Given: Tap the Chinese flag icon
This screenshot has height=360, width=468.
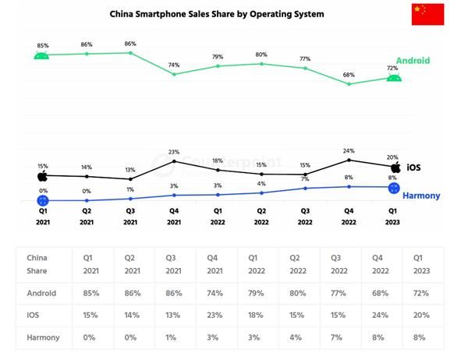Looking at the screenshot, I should pos(427,14).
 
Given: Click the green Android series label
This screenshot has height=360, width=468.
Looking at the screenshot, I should pos(413,60).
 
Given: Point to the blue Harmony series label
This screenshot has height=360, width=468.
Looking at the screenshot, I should pos(421,196).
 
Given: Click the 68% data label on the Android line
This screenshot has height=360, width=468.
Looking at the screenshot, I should pos(349,75).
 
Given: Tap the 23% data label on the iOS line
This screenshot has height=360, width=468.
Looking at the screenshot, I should pos(174,152).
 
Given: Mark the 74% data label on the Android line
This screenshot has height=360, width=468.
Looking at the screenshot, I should pos(174,65).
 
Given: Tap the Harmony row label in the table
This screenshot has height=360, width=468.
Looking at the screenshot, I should pos(44,337).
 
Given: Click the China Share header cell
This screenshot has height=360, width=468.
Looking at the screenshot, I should pos(39,263).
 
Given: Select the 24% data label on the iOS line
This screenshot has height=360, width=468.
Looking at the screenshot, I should pos(349,150).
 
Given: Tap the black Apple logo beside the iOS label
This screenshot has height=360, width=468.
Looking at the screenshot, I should pos(395,167).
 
